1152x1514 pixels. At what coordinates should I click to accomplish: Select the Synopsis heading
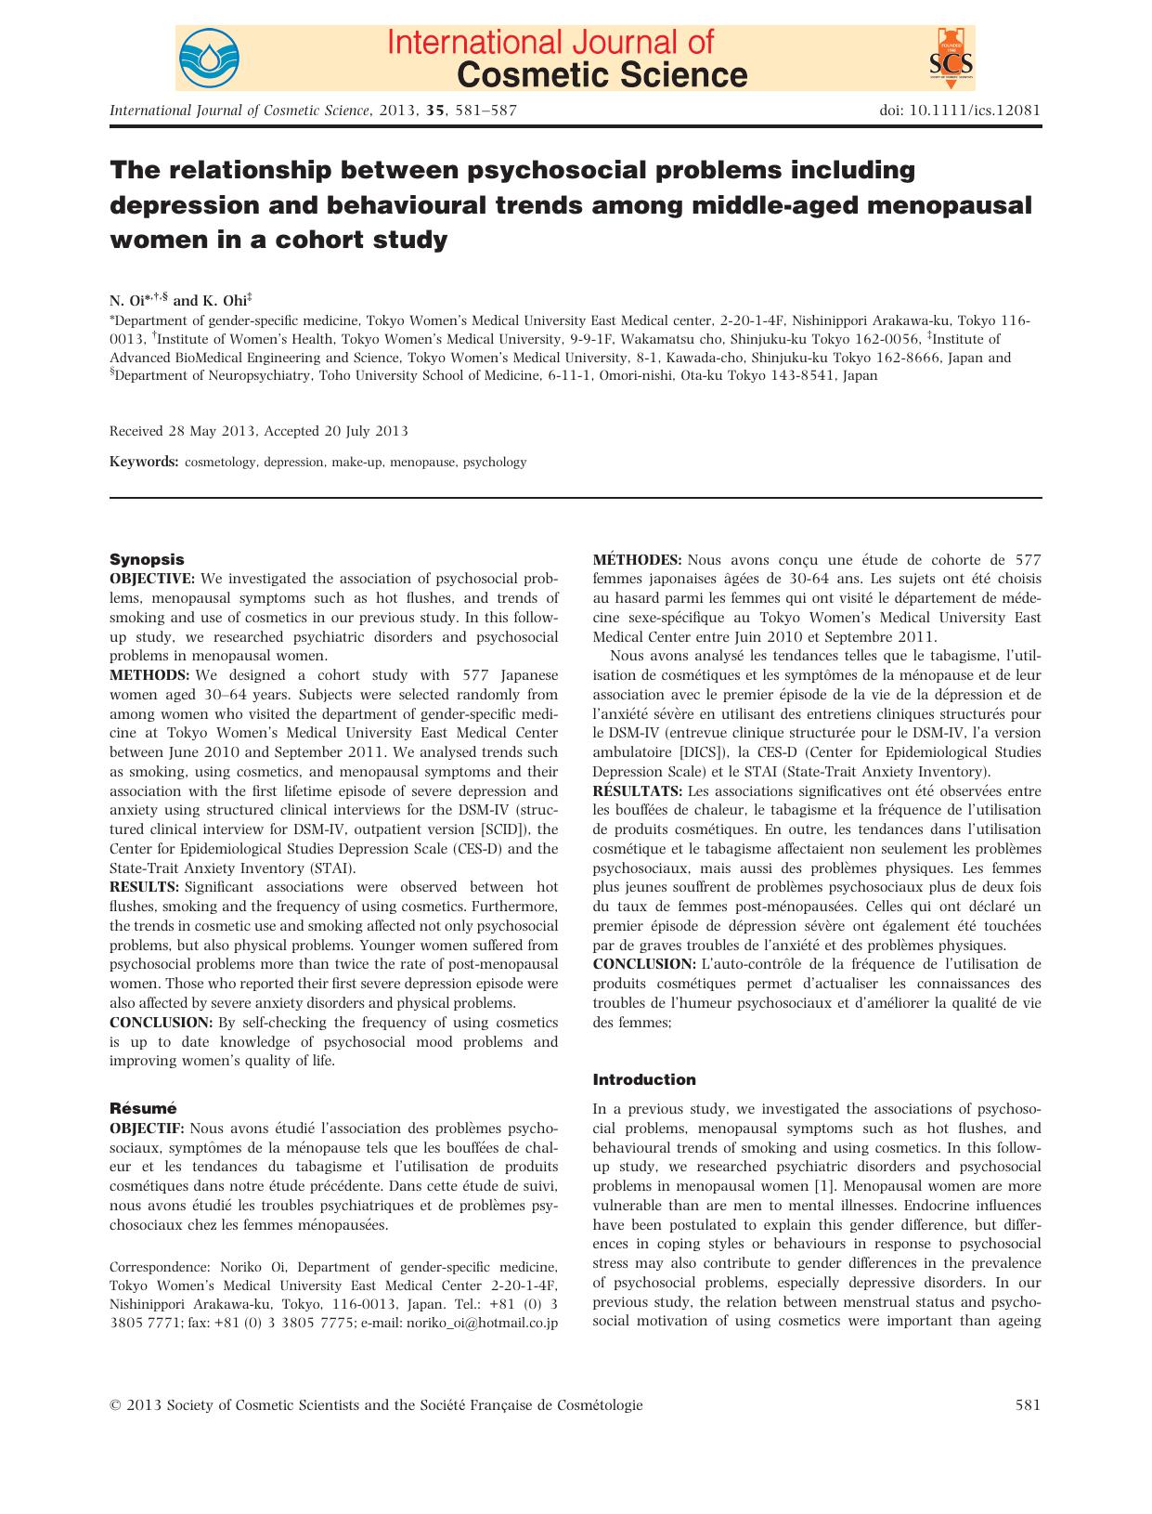pos(147,559)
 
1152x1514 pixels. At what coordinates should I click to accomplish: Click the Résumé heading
pos(143,1108)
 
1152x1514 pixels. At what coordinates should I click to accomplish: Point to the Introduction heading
pos(643,1079)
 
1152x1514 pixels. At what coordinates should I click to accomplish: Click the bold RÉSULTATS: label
pos(639,790)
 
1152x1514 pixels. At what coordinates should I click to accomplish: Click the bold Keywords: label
pos(144,462)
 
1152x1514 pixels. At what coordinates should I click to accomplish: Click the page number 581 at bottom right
pos(1028,1405)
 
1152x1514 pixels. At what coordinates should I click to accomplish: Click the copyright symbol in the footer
pos(115,1405)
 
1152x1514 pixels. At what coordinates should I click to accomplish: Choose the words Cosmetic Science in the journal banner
pos(602,73)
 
